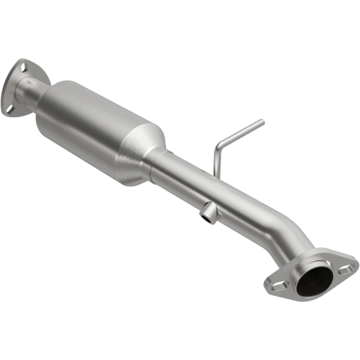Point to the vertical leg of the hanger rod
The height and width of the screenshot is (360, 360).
(216, 162)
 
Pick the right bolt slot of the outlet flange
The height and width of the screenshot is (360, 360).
(346, 268)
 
